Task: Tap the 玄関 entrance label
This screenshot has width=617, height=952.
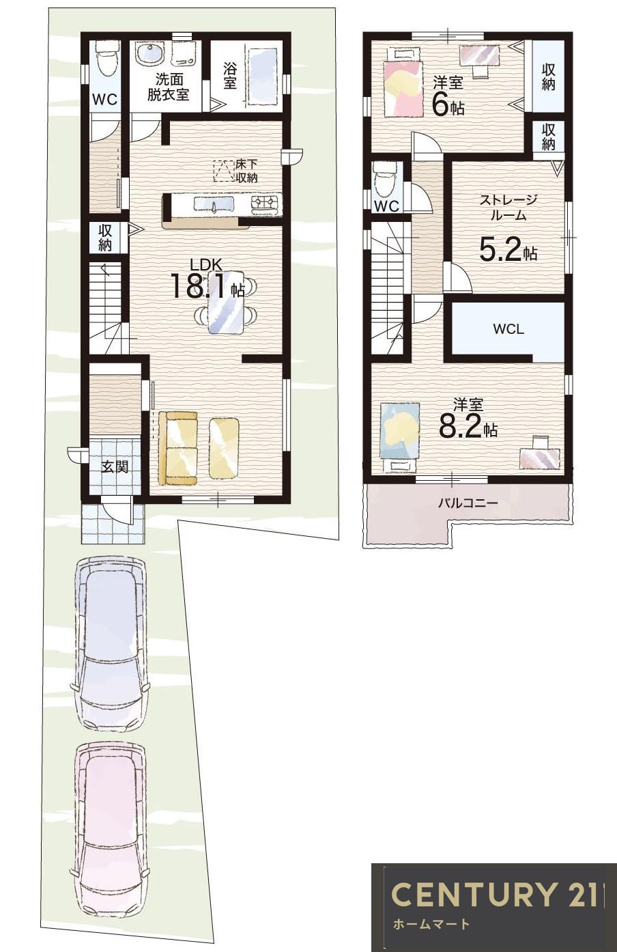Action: [x=115, y=467]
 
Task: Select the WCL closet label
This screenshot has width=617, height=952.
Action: [x=508, y=329]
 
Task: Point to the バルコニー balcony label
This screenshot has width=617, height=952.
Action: [x=468, y=503]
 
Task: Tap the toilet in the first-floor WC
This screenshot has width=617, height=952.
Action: [x=106, y=60]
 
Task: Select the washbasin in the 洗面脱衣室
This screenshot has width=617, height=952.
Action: [x=149, y=54]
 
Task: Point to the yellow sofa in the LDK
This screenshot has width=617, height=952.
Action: [x=177, y=447]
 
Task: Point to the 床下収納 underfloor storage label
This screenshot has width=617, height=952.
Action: [x=246, y=171]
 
